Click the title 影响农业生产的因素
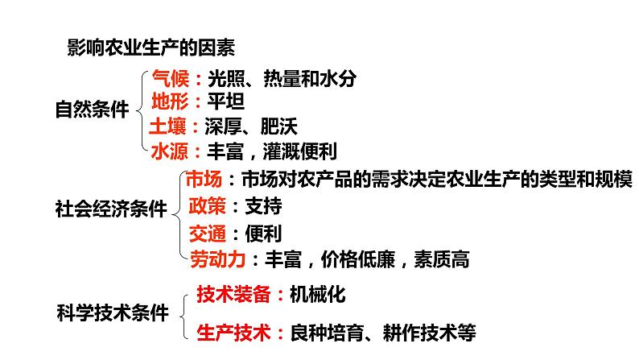(150, 48)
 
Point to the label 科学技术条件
(113, 312)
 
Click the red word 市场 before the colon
(204, 179)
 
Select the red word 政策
(205, 205)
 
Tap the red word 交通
(205, 233)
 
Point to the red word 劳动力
(215, 259)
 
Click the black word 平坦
(225, 102)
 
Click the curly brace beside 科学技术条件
(184, 312)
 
